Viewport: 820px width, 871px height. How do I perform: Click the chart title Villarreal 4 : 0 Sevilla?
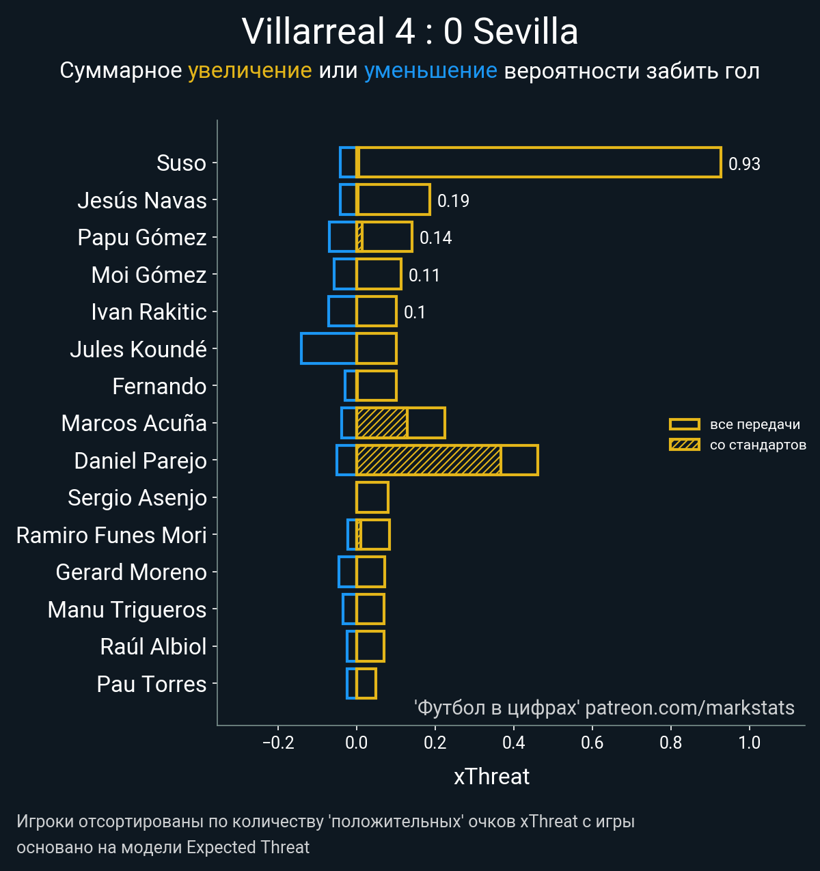tap(410, 31)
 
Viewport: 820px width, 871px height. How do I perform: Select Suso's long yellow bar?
tap(538, 163)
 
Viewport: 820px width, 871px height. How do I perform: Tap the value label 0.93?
tap(744, 164)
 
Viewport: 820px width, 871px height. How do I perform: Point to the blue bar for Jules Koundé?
tap(329, 348)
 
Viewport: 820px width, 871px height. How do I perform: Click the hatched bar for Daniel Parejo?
tap(428, 460)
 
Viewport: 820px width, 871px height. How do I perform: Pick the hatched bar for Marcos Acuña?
tap(382, 423)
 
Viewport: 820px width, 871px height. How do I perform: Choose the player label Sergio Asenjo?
tap(137, 497)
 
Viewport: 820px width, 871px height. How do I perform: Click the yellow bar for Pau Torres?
tap(366, 684)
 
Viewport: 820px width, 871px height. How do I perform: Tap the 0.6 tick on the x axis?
tap(592, 743)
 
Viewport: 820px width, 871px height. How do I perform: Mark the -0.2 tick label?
tap(278, 743)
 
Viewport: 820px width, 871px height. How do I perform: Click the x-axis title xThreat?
tap(491, 777)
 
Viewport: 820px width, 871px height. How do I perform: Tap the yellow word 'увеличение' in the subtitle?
tap(249, 70)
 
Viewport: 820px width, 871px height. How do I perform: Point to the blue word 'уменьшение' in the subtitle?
tap(430, 70)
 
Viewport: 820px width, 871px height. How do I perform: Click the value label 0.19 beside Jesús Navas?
tap(453, 201)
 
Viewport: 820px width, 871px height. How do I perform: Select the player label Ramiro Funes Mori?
tap(111, 535)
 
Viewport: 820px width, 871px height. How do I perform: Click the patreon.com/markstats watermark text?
tap(689, 708)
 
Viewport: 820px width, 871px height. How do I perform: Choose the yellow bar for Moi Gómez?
tap(379, 274)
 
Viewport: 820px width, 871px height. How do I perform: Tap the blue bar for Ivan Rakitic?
tap(342, 312)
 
